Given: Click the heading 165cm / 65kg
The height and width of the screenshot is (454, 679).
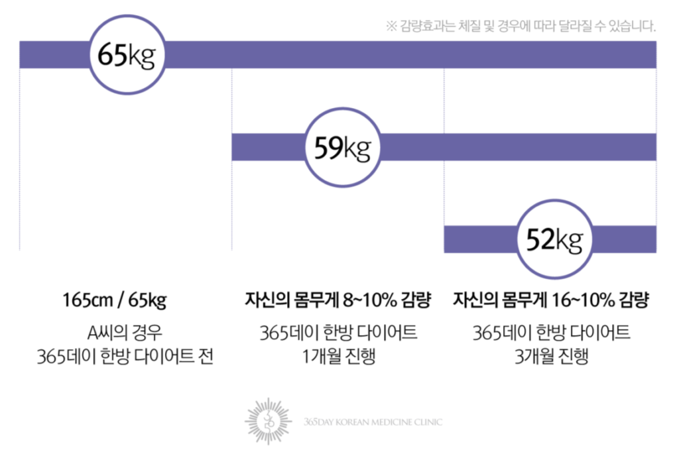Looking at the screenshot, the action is [115, 300].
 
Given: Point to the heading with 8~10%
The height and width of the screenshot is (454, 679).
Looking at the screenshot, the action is [338, 300].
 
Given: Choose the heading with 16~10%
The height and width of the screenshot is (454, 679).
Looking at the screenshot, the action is [551, 300].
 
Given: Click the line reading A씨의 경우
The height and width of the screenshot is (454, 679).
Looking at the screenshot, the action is [125, 333].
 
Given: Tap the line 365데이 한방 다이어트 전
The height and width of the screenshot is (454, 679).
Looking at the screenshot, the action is [125, 357].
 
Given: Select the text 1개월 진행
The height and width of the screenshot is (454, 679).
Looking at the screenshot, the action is [339, 356].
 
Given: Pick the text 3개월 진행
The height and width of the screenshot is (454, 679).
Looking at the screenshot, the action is [551, 356].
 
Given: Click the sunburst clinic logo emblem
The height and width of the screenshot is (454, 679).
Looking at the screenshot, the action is [269, 421].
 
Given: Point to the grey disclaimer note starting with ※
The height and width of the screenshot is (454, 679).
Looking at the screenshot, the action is [521, 26].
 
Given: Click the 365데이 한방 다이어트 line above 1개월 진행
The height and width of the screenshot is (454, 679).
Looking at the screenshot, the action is [338, 333].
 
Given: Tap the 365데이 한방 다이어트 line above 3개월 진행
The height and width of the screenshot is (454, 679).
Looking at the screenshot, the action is [551, 333].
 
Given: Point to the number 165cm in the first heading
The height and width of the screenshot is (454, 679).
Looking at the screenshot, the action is [88, 300].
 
